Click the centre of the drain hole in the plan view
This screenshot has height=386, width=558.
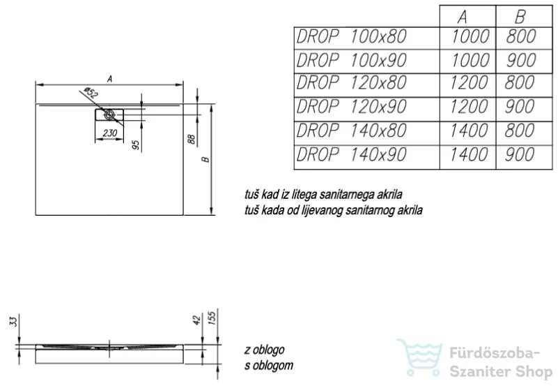pos(109,114)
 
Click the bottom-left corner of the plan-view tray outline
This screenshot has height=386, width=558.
pos(36,215)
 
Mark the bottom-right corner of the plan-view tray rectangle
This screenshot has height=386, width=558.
pos(183,215)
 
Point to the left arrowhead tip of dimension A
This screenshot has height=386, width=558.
pos(36,85)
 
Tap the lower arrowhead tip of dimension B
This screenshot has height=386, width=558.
pos(211,214)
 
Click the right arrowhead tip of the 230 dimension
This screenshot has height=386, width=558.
pos(123,139)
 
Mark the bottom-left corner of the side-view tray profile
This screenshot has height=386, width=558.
pos(36,363)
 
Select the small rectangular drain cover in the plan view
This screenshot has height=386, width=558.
pos(109,114)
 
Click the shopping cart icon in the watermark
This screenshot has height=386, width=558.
pos(420,357)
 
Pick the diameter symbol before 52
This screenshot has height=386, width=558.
pos(86,89)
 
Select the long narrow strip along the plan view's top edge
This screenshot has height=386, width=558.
pos(109,105)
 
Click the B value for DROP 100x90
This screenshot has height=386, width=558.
pos(520,60)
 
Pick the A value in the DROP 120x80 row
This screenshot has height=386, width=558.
pos(469,82)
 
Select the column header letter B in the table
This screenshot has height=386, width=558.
pos(520,16)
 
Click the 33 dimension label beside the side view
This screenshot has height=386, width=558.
pos(13,322)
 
